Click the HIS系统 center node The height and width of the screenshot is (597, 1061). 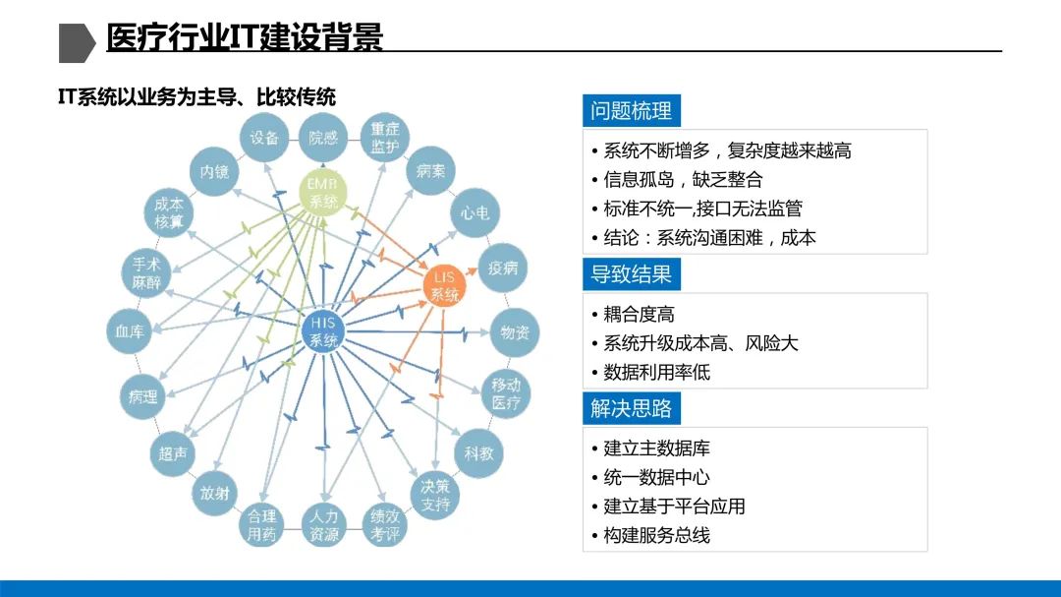point(324,332)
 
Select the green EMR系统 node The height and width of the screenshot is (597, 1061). point(323,192)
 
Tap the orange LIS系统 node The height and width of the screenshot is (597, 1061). point(444,286)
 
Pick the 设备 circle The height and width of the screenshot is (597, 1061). point(264,139)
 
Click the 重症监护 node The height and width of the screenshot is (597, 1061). point(385,139)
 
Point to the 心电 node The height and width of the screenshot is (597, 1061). point(475,213)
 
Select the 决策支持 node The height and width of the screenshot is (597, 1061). point(435,496)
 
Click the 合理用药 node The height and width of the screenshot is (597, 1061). point(262,525)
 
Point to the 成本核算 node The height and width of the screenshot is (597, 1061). point(169,213)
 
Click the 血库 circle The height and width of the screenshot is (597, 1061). point(131,332)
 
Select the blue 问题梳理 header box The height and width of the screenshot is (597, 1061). point(631,111)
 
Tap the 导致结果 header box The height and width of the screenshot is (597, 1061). point(631,273)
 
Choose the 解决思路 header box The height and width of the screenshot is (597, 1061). point(631,408)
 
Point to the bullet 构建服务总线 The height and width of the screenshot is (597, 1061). point(656,535)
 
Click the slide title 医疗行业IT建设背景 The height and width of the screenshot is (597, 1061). point(245,37)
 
